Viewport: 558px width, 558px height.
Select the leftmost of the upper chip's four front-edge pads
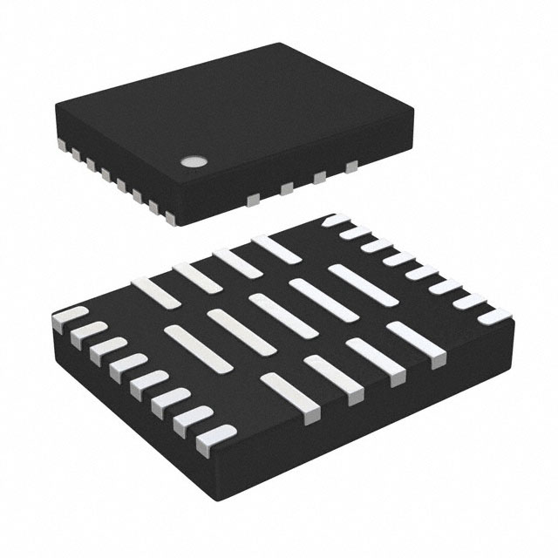coord(252,200)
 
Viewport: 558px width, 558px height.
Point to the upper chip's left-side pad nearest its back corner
coord(61,141)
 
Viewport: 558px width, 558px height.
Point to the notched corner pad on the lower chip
coord(332,222)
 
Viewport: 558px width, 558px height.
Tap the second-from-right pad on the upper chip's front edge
coord(318,178)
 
